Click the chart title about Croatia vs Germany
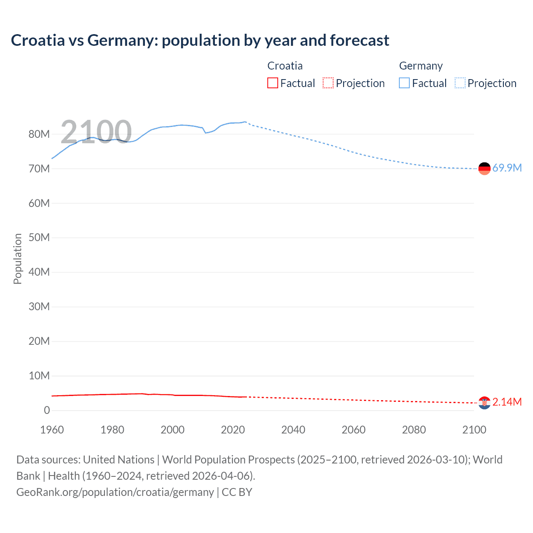click(200, 40)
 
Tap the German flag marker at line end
click(484, 169)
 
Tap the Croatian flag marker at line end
click(484, 403)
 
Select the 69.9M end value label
click(507, 168)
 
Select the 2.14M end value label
click(507, 402)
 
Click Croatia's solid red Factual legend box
click(272, 83)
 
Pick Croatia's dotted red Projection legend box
click(328, 83)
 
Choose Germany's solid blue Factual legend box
click(404, 83)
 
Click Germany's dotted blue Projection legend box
click(460, 83)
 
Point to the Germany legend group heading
click(421, 66)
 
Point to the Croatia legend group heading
click(285, 66)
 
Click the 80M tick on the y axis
click(39, 134)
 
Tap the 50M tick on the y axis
click(39, 237)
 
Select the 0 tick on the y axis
click(47, 410)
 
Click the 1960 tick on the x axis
click(52, 430)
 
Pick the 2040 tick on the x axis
click(293, 430)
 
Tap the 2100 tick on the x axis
click(474, 430)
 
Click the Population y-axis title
click(17, 259)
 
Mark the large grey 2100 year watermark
click(96, 132)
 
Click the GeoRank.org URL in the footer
click(115, 492)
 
